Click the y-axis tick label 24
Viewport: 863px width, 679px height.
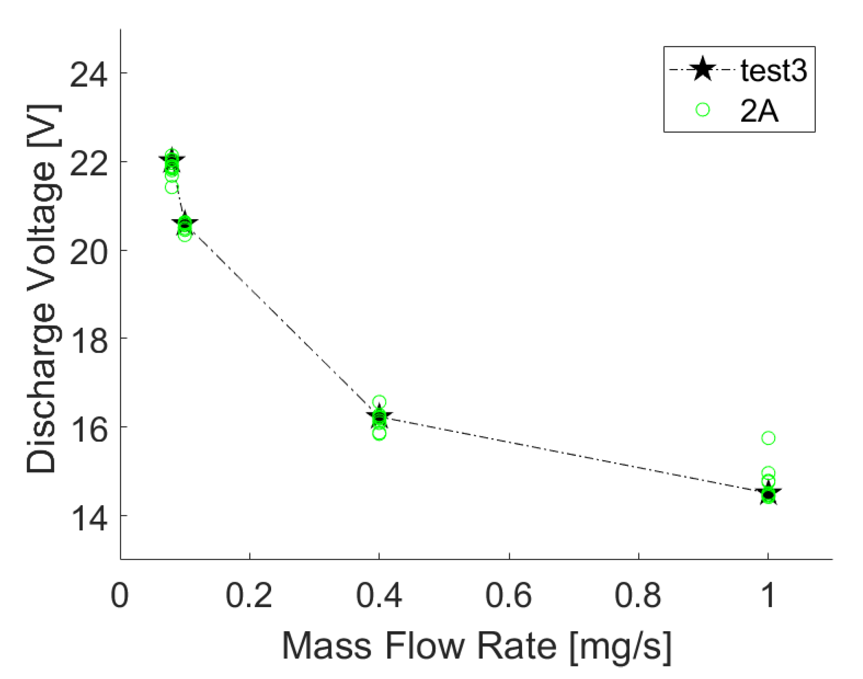[x=88, y=75]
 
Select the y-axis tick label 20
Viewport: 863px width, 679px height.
[x=88, y=252]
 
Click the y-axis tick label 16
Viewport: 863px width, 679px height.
[x=88, y=430]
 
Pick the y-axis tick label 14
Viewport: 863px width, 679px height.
[x=88, y=519]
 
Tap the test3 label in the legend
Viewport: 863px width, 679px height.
[x=774, y=70]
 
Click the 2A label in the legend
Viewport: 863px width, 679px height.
[x=759, y=111]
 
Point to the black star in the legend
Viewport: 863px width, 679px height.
[x=703, y=69]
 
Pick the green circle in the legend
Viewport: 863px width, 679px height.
[x=703, y=110]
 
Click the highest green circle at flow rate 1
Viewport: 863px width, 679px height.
[x=768, y=438]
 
